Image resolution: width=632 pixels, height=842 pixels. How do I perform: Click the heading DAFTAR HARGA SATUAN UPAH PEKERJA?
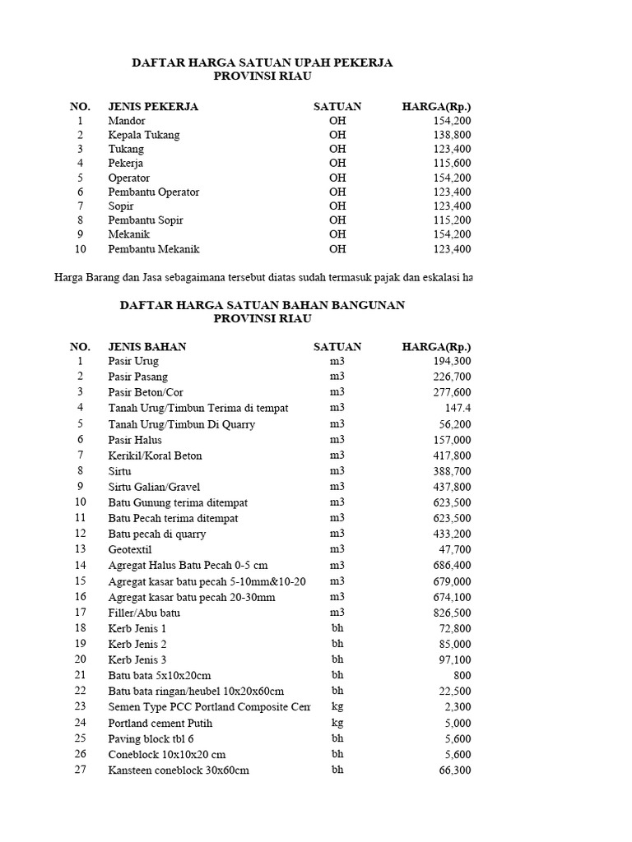263,62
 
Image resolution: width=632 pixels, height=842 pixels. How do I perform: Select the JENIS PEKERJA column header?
153,107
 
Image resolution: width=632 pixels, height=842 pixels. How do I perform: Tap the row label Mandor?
127,121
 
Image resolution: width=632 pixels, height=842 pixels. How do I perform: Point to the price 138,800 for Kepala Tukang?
452,135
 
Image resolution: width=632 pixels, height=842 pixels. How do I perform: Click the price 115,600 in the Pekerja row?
452,164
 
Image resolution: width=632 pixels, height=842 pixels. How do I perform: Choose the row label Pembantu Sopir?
146,220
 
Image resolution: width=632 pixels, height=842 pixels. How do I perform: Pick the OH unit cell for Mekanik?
337,234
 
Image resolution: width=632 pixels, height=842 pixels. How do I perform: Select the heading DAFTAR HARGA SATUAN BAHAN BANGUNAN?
263,305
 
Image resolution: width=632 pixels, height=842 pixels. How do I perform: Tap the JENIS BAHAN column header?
147,347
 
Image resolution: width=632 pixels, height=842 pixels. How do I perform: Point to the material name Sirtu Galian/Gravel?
154,487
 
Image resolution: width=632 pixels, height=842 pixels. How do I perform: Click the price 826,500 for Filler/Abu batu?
452,613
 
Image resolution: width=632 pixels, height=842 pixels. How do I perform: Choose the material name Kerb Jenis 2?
137,644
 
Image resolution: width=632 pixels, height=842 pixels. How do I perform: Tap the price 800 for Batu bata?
462,675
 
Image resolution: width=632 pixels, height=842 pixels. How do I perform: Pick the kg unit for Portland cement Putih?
337,723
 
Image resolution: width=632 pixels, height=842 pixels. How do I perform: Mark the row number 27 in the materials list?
80,770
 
